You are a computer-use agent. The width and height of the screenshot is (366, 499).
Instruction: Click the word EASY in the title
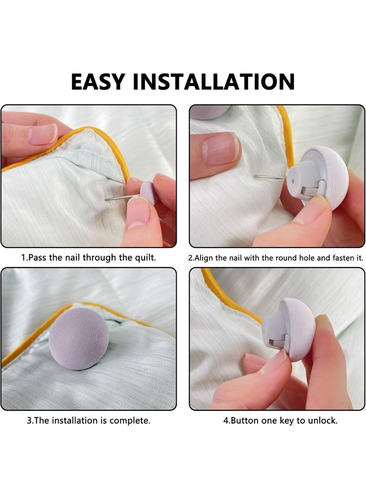tap(97, 81)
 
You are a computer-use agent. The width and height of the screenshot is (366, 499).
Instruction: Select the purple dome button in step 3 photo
tap(79, 338)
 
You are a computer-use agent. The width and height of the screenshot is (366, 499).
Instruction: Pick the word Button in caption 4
tap(245, 420)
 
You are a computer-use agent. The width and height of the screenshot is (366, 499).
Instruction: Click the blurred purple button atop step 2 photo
tap(209, 111)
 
